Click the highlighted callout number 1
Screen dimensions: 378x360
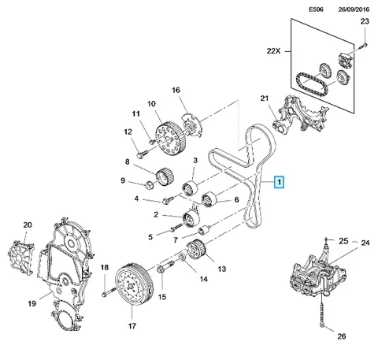(x=279, y=182)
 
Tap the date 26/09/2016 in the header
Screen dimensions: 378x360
(x=354, y=9)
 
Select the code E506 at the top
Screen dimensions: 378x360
(x=316, y=9)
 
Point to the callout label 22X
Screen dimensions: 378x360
(x=273, y=51)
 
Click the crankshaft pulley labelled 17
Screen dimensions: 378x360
(x=134, y=284)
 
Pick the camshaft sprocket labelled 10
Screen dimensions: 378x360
(x=171, y=139)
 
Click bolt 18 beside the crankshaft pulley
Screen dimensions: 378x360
(x=109, y=291)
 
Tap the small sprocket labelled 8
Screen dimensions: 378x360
(x=165, y=176)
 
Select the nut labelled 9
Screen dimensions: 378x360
(x=150, y=185)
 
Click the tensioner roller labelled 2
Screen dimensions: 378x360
(x=191, y=219)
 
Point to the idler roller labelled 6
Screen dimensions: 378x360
(x=209, y=199)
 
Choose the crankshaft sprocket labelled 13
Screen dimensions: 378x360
(x=197, y=249)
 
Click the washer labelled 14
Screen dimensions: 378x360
(x=183, y=257)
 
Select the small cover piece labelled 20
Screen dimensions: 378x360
(x=20, y=258)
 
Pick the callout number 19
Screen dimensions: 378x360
(x=32, y=304)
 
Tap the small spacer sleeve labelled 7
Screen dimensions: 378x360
(x=204, y=231)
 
